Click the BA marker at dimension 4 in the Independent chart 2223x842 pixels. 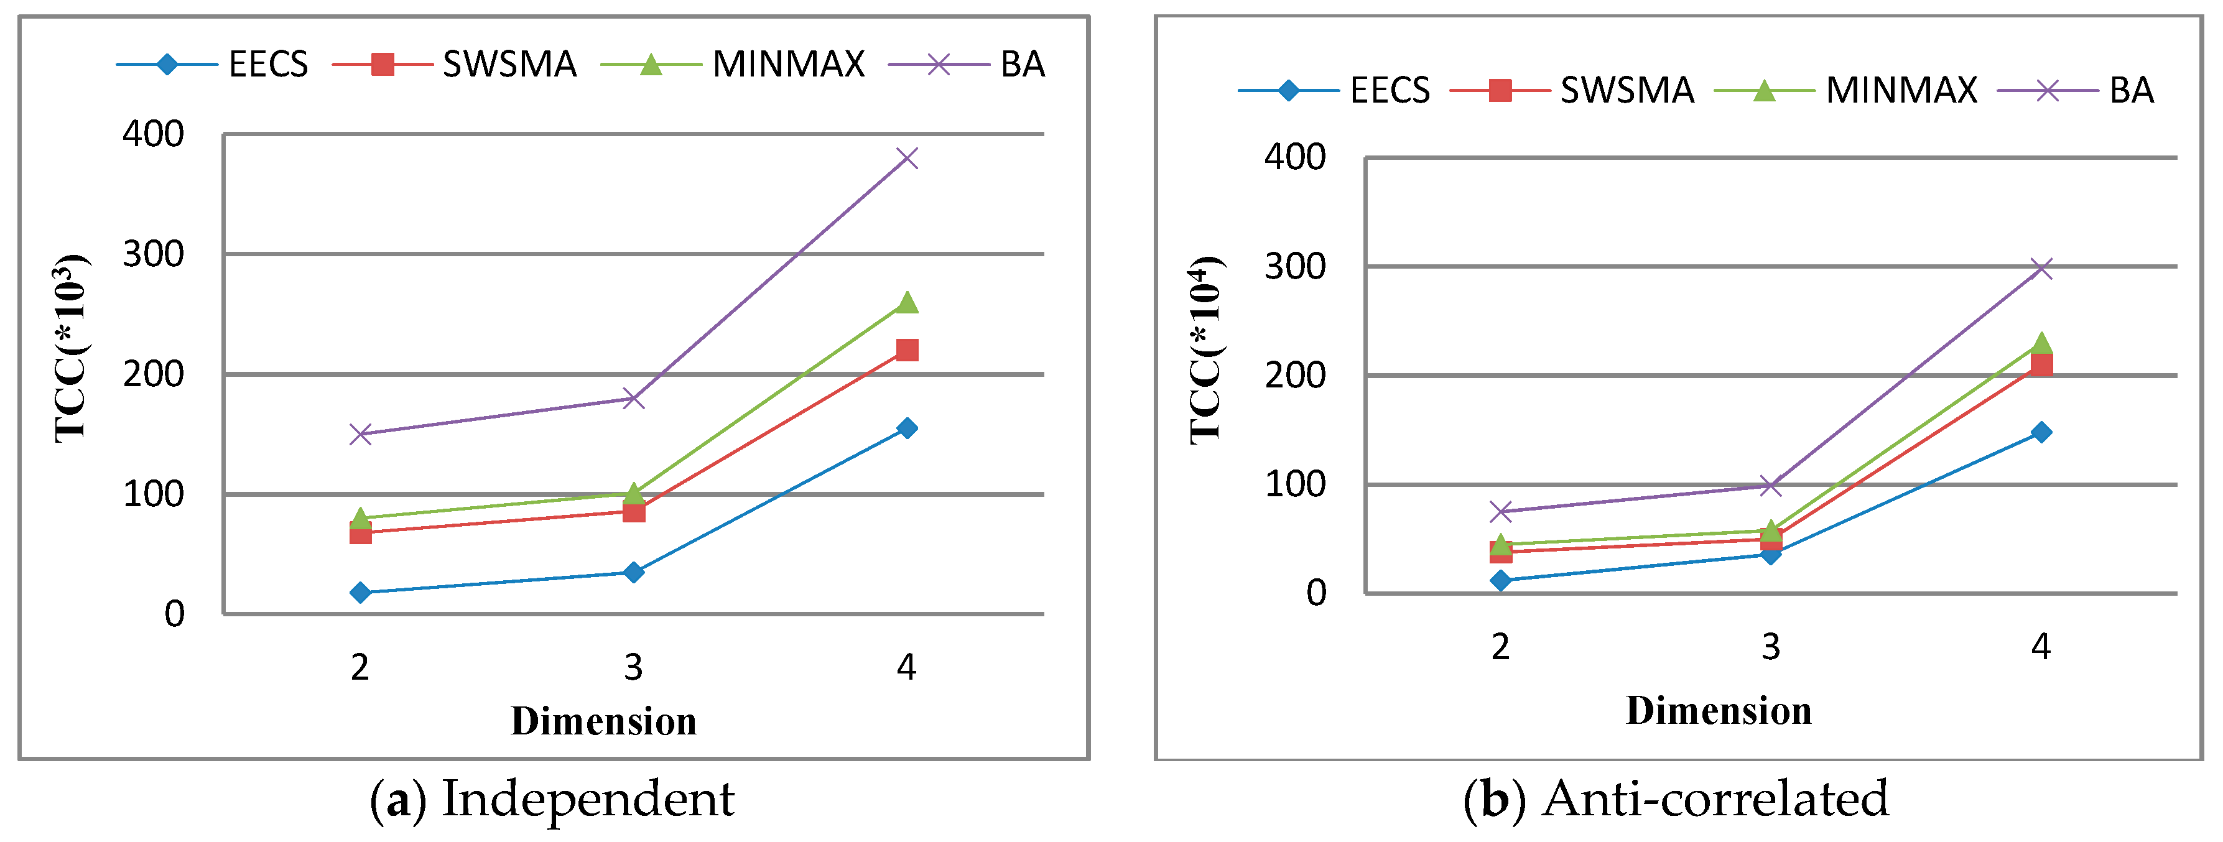tap(906, 158)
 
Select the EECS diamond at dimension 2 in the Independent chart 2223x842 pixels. tap(360, 592)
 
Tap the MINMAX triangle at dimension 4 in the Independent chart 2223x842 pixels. tap(906, 302)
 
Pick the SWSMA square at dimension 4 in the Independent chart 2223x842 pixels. tap(906, 349)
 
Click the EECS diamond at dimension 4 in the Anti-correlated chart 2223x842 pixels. tap(2040, 432)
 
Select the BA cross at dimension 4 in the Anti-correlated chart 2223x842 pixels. tap(2040, 267)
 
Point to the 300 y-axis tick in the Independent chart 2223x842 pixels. tap(153, 254)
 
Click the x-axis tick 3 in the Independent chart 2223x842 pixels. tap(633, 667)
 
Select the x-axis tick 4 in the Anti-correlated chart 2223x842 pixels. tap(2040, 645)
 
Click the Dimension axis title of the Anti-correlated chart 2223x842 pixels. tap(1718, 711)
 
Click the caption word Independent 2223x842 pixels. tap(588, 799)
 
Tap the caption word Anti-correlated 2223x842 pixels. tap(1715, 799)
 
